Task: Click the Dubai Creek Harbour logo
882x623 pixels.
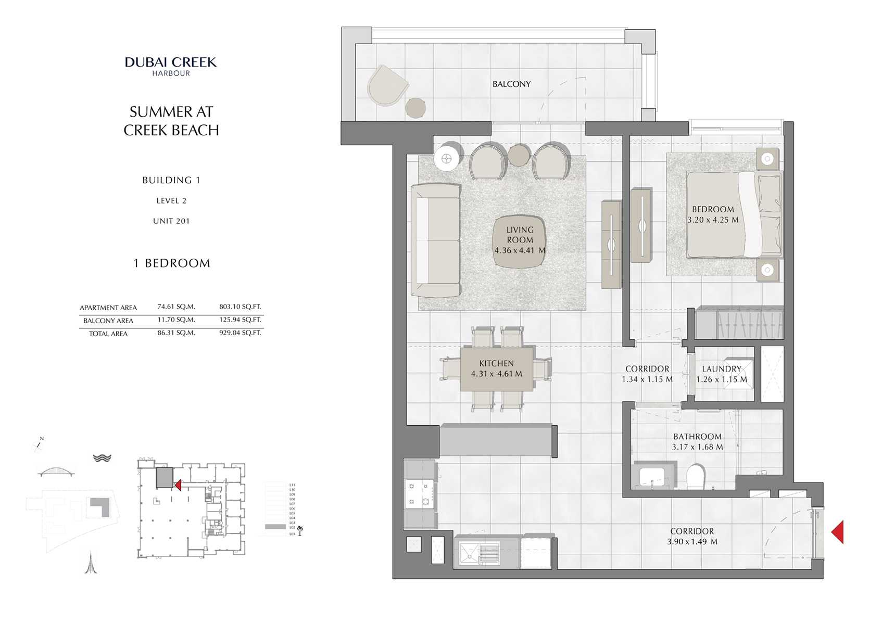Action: pyautogui.click(x=171, y=66)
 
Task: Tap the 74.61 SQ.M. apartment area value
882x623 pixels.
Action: pyautogui.click(x=176, y=307)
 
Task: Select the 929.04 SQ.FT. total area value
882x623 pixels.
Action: pyautogui.click(x=240, y=333)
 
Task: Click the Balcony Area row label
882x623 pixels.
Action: pyautogui.click(x=108, y=321)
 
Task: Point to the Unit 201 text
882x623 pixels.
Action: pyautogui.click(x=171, y=221)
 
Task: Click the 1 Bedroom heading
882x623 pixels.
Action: pyautogui.click(x=172, y=263)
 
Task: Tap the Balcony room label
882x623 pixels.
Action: pyautogui.click(x=511, y=84)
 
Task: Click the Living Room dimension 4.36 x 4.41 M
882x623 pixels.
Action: pyautogui.click(x=520, y=250)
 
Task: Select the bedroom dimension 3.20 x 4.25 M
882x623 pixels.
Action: pyautogui.click(x=713, y=220)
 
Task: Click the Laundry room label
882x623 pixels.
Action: pyautogui.click(x=722, y=368)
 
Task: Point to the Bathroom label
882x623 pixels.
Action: pyautogui.click(x=697, y=437)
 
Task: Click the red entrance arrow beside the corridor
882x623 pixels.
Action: pyautogui.click(x=837, y=532)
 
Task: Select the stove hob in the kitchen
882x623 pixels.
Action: pyautogui.click(x=419, y=494)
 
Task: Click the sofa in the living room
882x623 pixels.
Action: pyautogui.click(x=436, y=240)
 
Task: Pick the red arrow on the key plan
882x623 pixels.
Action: pyautogui.click(x=178, y=485)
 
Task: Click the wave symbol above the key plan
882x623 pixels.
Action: pyautogui.click(x=102, y=458)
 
